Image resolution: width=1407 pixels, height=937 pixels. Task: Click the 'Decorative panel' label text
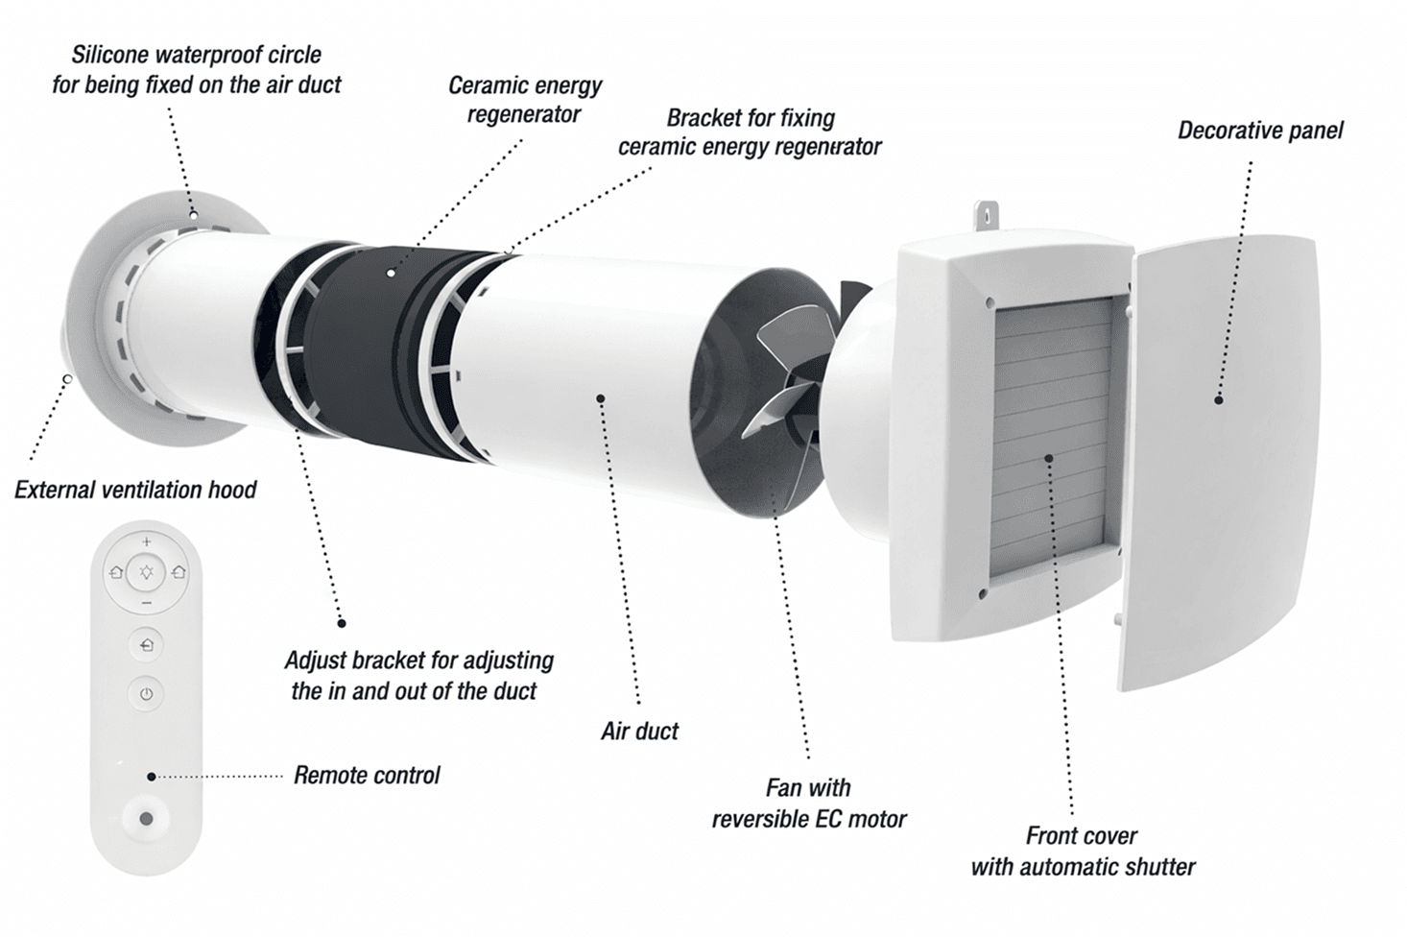point(1260,131)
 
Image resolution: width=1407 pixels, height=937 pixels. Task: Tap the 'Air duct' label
point(639,732)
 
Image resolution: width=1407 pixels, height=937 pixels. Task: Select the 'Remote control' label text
point(367,776)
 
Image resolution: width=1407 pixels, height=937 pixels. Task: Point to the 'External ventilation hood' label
point(135,491)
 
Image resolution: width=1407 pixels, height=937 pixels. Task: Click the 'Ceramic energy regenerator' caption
point(524,100)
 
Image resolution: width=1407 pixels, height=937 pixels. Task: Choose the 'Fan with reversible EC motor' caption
point(808,804)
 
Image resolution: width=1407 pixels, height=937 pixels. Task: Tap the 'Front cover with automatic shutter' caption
point(1083,852)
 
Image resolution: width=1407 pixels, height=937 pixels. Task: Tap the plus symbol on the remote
point(146,542)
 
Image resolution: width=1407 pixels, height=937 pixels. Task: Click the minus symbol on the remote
point(146,603)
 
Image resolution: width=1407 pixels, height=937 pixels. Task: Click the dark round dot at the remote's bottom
point(146,819)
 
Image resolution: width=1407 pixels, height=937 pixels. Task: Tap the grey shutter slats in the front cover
point(1051,432)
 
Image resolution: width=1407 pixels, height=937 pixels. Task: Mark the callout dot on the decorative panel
point(1218,399)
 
